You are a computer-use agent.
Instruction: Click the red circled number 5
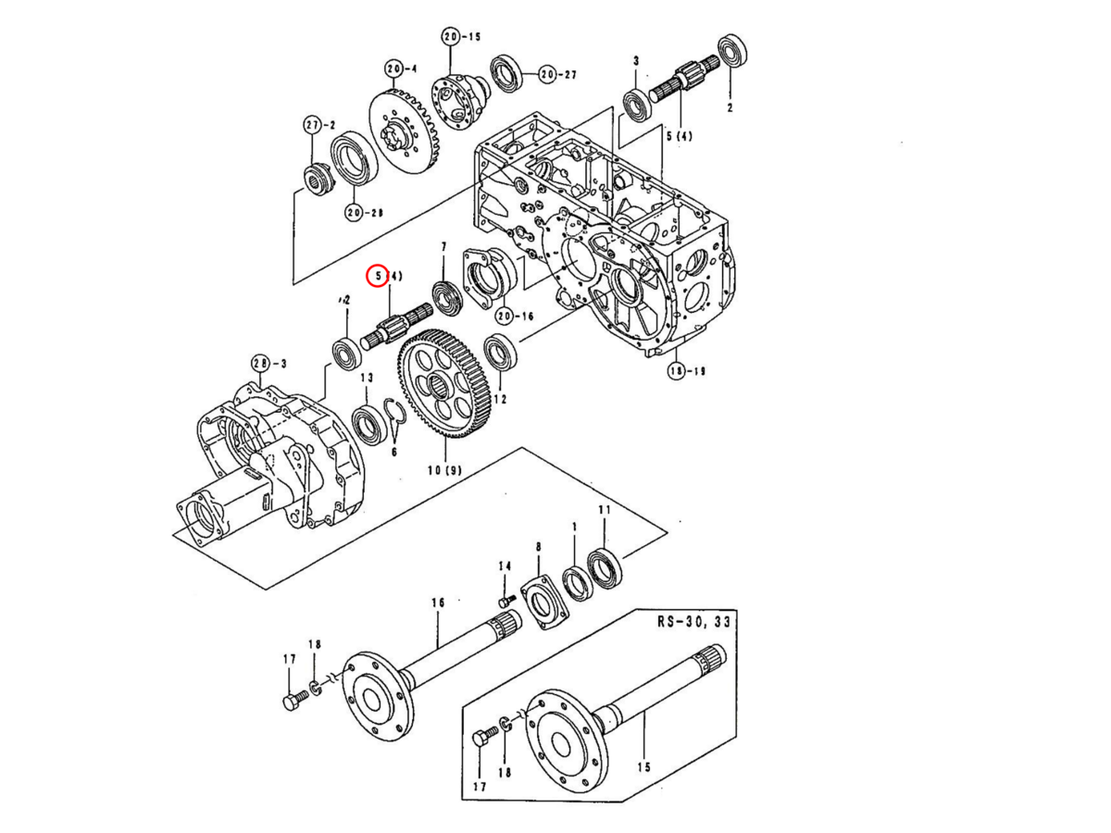tap(377, 276)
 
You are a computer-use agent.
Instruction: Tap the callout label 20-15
tap(461, 37)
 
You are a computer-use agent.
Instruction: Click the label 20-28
tap(364, 213)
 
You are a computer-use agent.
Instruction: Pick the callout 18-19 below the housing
tap(687, 371)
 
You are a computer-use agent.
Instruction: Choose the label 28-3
tap(268, 364)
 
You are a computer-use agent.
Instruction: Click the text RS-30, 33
tap(694, 621)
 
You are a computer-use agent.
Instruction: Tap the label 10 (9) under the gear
tap(445, 470)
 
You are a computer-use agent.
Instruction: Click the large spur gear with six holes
tap(444, 383)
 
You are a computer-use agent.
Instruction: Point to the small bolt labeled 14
tap(506, 602)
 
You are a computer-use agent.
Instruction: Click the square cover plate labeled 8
tap(544, 603)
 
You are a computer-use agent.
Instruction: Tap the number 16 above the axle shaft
tap(438, 603)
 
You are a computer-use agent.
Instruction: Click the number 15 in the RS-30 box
tap(643, 768)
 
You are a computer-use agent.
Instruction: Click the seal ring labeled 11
tap(605, 568)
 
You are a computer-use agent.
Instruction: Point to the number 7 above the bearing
tap(443, 247)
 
